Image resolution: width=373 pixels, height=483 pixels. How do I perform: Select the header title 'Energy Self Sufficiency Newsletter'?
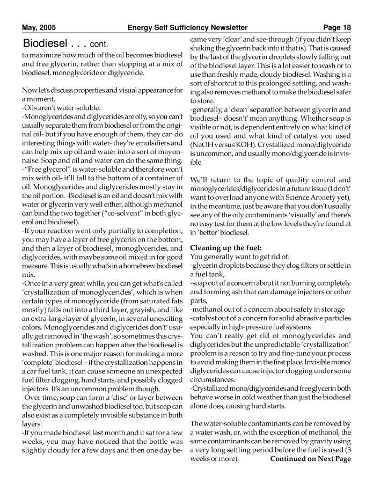coord(187,27)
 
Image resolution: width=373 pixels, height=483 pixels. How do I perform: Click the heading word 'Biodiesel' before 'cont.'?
coord(45,43)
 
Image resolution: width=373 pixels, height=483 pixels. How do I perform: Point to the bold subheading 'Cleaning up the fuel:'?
coord(225,247)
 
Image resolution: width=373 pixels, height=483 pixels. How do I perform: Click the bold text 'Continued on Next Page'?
coord(310,459)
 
